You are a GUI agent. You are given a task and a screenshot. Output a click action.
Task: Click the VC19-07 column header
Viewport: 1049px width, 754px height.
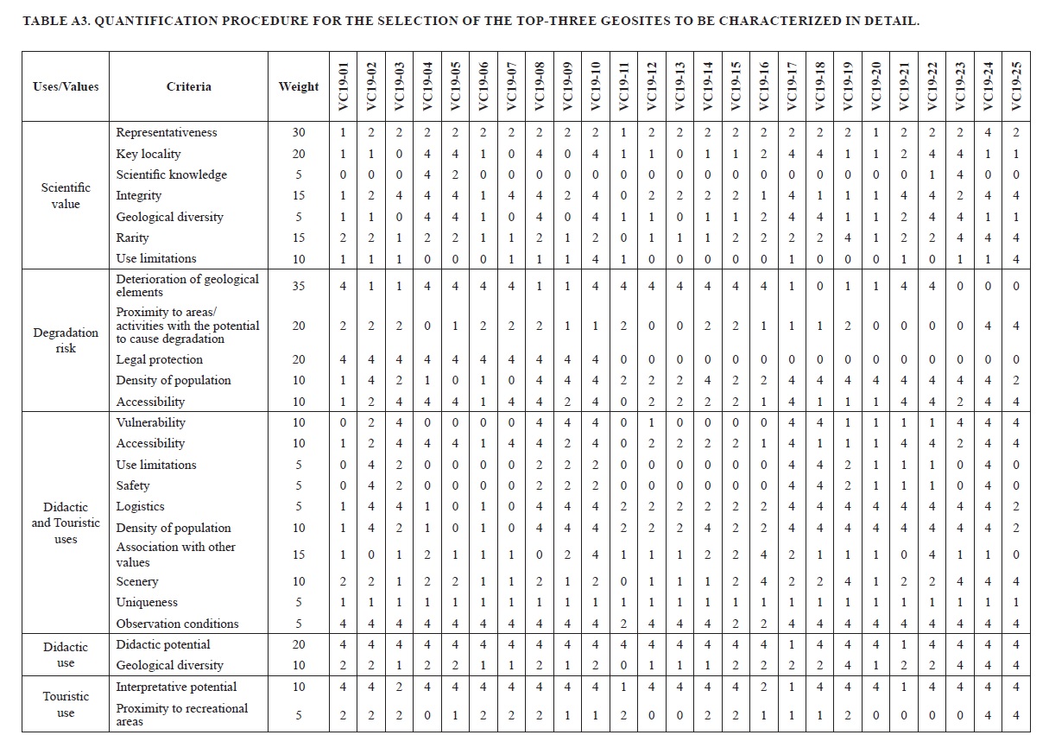click(511, 86)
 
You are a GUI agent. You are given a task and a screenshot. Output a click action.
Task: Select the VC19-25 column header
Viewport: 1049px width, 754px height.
click(1016, 86)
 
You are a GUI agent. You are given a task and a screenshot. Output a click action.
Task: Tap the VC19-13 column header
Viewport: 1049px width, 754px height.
click(679, 86)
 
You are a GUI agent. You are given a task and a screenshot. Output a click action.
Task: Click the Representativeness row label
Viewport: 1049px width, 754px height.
click(167, 132)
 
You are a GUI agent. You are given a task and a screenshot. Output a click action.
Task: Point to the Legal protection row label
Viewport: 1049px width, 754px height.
click(160, 359)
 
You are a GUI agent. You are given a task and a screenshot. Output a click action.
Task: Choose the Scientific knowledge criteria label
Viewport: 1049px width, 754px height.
click(172, 174)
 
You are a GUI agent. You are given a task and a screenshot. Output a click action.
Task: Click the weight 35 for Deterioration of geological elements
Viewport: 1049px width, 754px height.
click(299, 285)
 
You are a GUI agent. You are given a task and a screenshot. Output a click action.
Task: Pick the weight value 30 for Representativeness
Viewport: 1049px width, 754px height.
click(299, 132)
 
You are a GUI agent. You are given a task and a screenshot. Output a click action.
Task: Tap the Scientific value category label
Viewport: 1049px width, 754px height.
click(66, 195)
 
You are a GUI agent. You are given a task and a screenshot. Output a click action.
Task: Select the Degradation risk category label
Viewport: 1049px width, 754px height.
click(66, 340)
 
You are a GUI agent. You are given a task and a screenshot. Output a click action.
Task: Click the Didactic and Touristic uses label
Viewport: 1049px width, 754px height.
click(66, 523)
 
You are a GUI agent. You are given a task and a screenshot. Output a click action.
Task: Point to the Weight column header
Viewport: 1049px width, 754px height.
click(299, 86)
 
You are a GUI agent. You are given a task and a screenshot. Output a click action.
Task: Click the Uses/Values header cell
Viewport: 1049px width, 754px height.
click(66, 86)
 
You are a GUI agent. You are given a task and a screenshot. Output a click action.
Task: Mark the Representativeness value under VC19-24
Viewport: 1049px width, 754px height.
click(988, 132)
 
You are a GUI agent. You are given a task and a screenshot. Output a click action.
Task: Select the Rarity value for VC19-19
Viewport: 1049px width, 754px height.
click(848, 238)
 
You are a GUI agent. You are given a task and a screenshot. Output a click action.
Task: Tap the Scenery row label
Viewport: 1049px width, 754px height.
click(137, 581)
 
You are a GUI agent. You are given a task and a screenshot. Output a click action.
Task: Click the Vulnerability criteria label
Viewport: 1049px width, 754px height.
click(151, 422)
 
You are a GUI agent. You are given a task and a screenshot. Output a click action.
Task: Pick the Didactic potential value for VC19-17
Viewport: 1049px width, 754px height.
click(792, 644)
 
